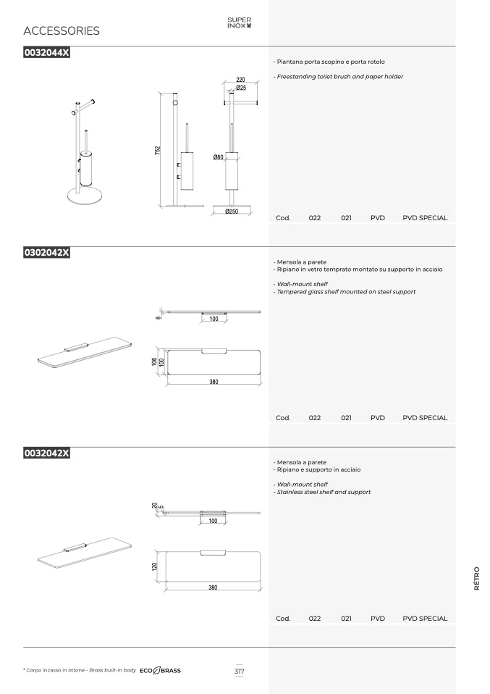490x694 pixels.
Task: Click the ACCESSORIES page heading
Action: (62, 30)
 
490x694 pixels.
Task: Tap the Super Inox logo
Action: (240, 22)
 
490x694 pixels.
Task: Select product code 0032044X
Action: (47, 53)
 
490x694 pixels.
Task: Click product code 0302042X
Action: (47, 253)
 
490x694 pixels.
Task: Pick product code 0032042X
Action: (47, 453)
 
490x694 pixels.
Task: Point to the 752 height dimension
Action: (158, 150)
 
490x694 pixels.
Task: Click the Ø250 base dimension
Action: (232, 212)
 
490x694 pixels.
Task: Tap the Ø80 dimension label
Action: (218, 157)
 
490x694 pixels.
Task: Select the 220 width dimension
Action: (240, 80)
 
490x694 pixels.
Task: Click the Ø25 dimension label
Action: (241, 88)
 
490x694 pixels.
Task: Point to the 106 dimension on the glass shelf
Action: (154, 362)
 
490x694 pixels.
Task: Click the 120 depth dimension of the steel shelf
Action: (154, 566)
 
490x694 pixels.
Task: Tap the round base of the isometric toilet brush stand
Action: (85, 196)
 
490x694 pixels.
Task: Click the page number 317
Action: (240, 671)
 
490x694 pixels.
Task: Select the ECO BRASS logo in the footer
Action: (160, 671)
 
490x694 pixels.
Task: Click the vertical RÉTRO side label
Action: (477, 578)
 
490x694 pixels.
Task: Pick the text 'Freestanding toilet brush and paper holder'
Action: (340, 77)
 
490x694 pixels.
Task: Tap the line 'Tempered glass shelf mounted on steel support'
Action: (346, 292)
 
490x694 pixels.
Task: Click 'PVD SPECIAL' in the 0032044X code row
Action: (425, 218)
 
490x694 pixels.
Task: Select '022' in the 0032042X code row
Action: (315, 619)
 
